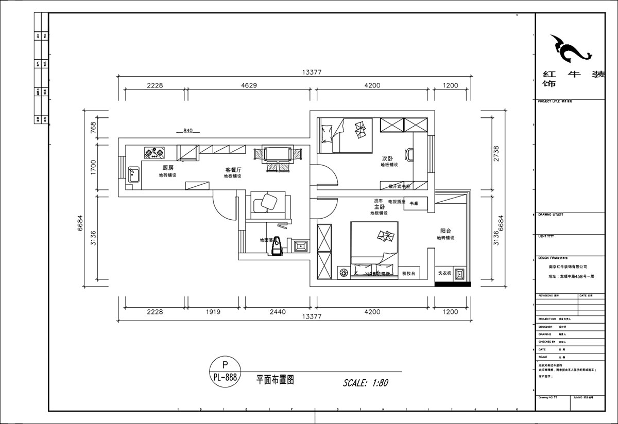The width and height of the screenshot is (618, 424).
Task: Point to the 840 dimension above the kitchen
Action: [187, 131]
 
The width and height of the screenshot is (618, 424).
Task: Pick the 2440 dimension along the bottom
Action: [277, 312]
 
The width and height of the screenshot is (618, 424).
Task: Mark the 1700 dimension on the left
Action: [93, 167]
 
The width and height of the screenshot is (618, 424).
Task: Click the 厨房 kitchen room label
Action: [167, 168]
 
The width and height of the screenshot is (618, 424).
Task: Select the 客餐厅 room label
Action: [233, 169]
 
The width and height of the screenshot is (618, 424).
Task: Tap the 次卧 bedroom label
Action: [388, 158]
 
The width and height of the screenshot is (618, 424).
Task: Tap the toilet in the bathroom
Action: [277, 246]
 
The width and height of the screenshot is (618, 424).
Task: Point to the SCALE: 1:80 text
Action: [365, 383]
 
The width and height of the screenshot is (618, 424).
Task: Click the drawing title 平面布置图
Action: [275, 380]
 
